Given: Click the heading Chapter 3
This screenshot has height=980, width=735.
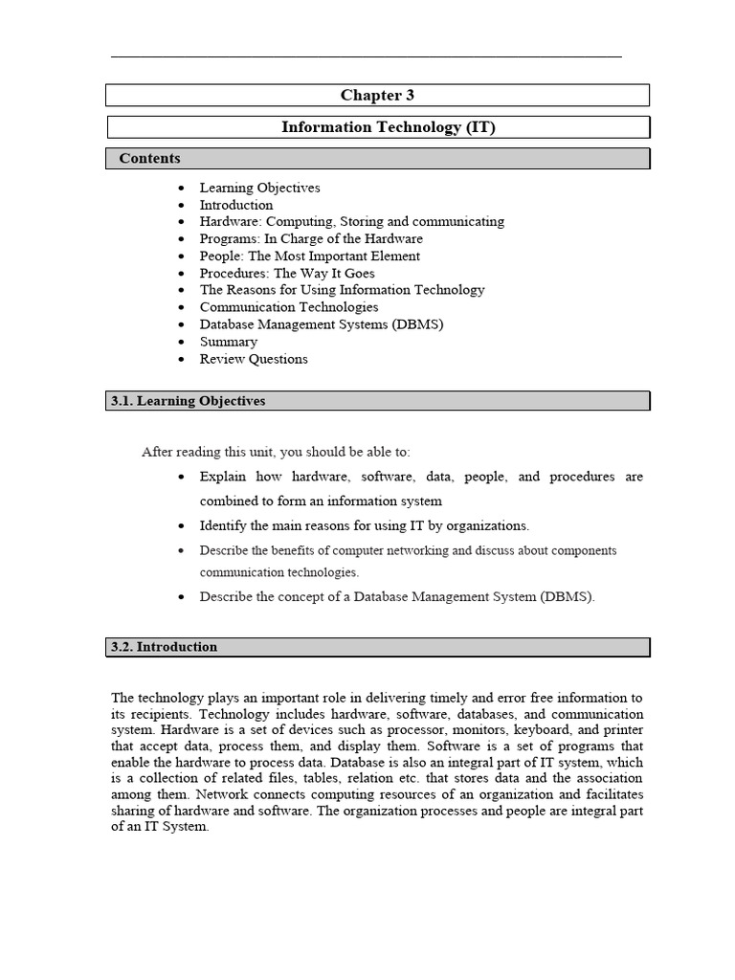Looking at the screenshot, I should (377, 95).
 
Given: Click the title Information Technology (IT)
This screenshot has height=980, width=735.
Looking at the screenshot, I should (388, 127).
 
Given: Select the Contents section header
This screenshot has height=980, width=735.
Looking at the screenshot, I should (149, 159).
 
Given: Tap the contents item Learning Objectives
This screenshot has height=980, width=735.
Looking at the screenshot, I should (259, 188).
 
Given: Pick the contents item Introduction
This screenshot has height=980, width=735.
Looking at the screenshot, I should (236, 205).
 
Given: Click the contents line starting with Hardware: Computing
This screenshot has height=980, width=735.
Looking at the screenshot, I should (351, 221).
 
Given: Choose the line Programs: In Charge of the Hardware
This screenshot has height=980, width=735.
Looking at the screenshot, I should (311, 238).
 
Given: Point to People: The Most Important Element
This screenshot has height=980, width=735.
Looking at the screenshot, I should (309, 256).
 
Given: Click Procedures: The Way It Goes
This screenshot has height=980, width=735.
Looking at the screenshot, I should (287, 273).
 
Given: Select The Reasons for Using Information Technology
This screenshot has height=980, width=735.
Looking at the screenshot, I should (342, 290).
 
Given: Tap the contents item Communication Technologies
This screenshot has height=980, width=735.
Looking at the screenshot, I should (289, 307).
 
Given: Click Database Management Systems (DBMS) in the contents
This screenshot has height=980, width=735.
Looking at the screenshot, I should (322, 324).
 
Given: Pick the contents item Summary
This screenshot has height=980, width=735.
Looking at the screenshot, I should (228, 342).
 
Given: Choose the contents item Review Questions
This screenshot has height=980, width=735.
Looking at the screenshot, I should (254, 359).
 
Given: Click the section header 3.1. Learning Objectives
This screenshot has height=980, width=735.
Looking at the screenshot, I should (188, 401).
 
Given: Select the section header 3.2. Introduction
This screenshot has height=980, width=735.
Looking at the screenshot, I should (164, 647).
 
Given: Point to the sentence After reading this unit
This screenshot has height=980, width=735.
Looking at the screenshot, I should (276, 452).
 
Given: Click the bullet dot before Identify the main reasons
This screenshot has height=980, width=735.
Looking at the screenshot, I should (182, 526).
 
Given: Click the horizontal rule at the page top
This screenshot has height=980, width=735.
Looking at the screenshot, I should (367, 57).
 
